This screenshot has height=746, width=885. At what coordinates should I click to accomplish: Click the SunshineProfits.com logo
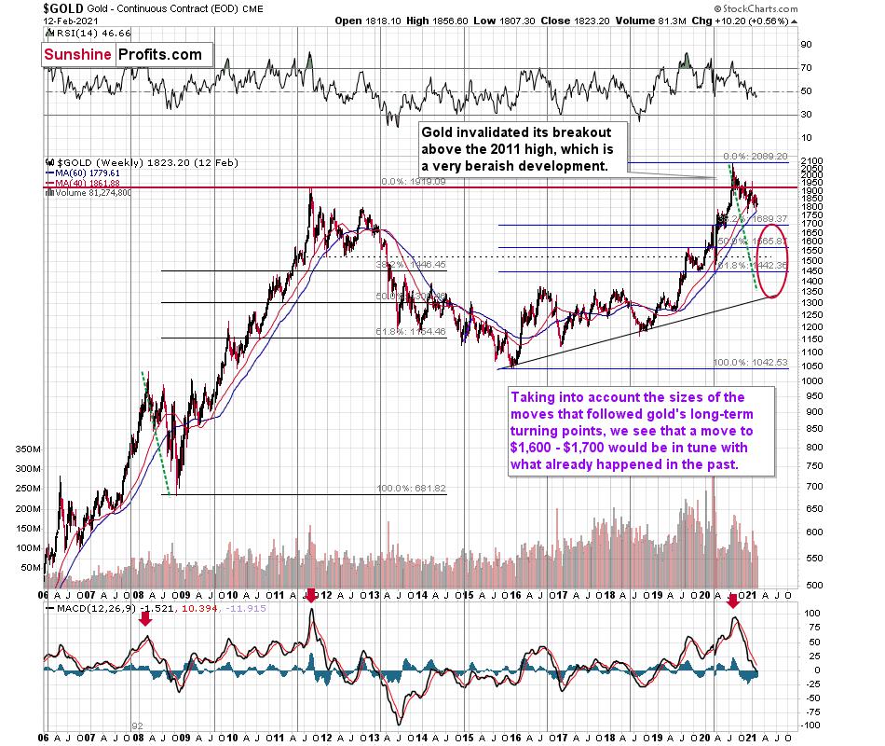coord(122,54)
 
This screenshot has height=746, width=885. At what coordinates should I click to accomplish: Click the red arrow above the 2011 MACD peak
coord(311,616)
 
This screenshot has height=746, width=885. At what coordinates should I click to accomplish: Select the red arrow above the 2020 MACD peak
coord(733,603)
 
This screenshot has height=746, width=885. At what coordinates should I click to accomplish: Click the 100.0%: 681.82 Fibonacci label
coord(412,488)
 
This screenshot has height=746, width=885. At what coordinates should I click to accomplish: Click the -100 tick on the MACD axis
coord(812,725)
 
